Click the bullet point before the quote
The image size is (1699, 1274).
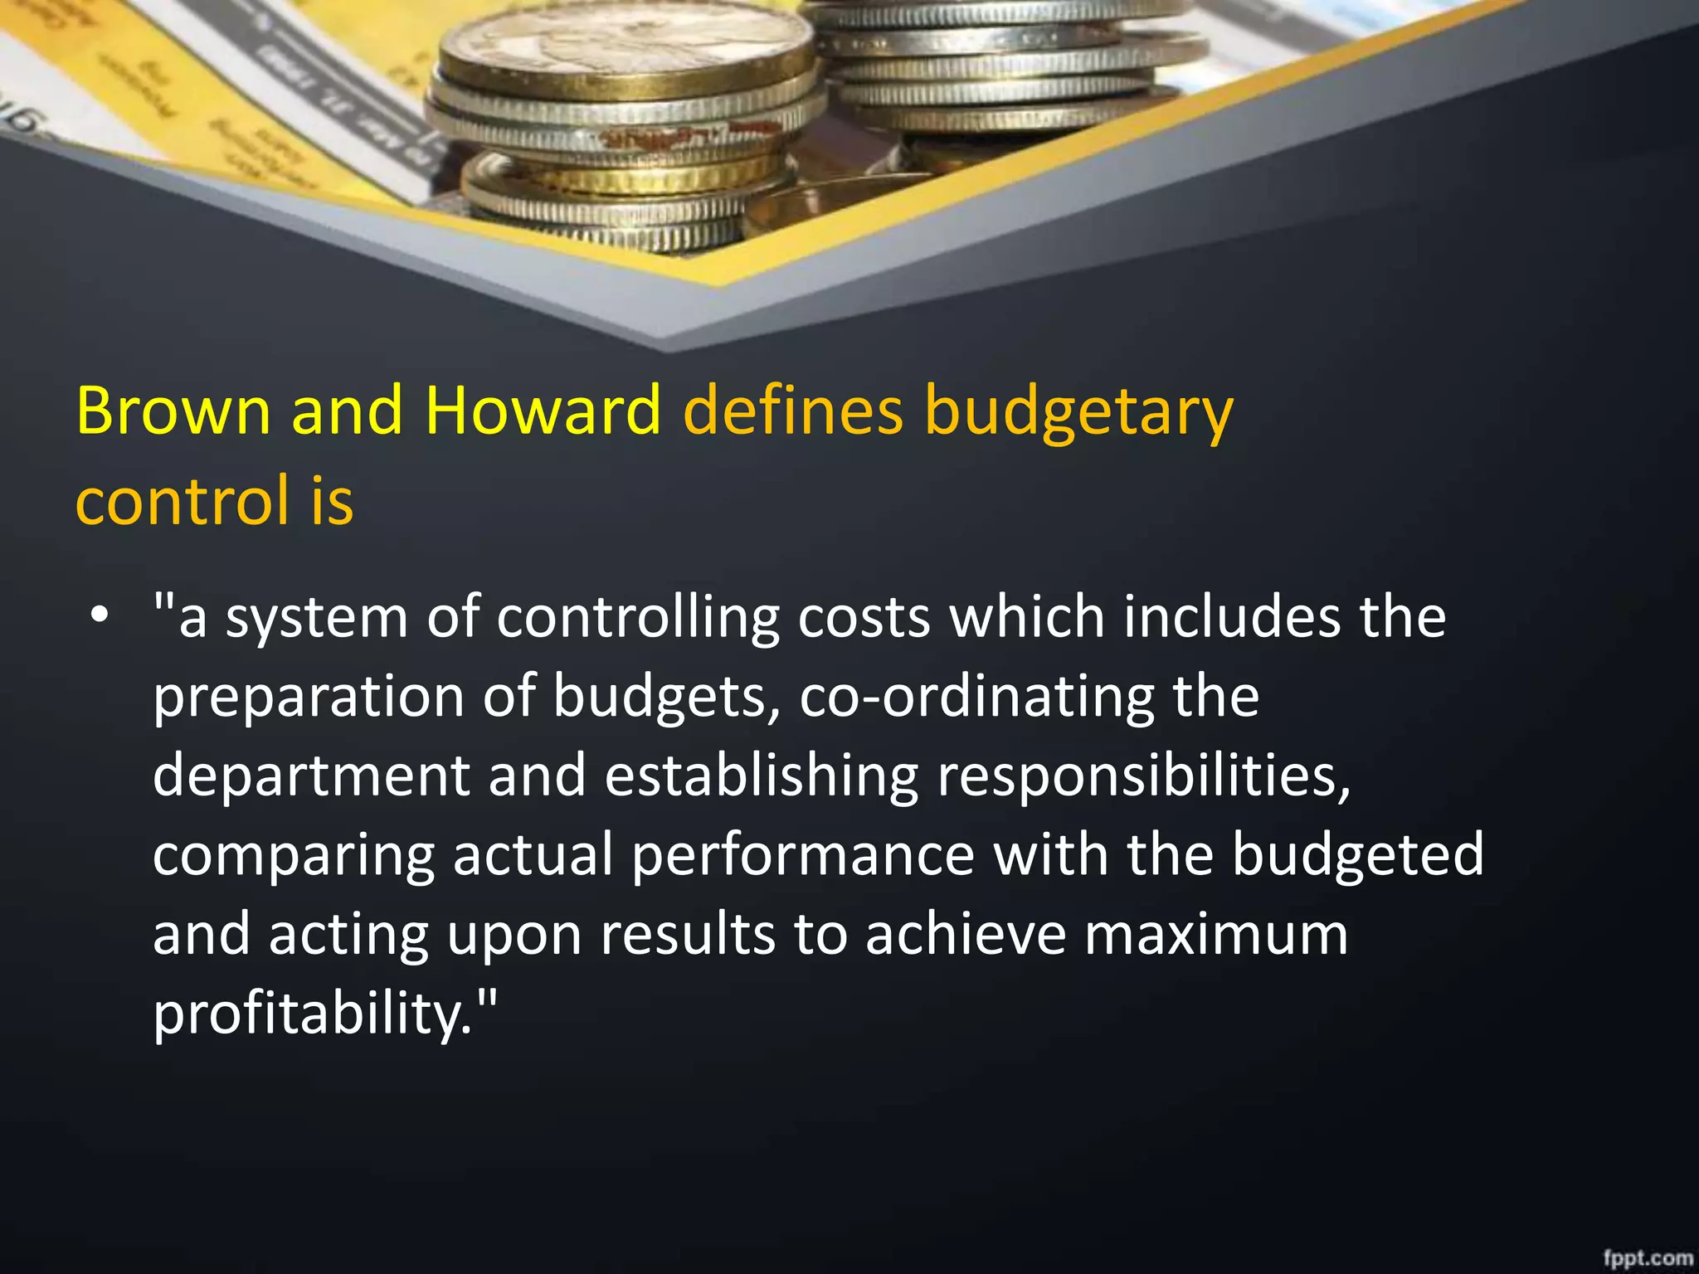pos(100,615)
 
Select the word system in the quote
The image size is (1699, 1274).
pos(317,618)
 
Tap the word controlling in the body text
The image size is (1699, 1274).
pos(638,618)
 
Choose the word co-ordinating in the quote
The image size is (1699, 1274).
pos(976,697)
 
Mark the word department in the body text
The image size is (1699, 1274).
pos(312,776)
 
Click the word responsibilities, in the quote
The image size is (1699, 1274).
pos(1144,776)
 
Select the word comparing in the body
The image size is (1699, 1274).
pos(294,855)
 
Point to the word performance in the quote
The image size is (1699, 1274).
pos(802,855)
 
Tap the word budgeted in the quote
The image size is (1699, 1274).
pos(1357,853)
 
